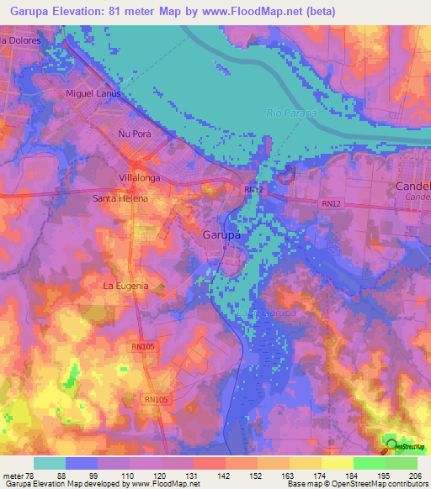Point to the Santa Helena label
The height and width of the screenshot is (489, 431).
[x=120, y=198]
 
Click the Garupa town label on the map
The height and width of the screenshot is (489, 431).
[x=222, y=235]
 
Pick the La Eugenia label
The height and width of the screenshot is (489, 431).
[x=125, y=286]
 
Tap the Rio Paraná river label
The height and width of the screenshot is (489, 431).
[x=291, y=113]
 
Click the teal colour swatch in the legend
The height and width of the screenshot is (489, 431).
[x=49, y=463]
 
